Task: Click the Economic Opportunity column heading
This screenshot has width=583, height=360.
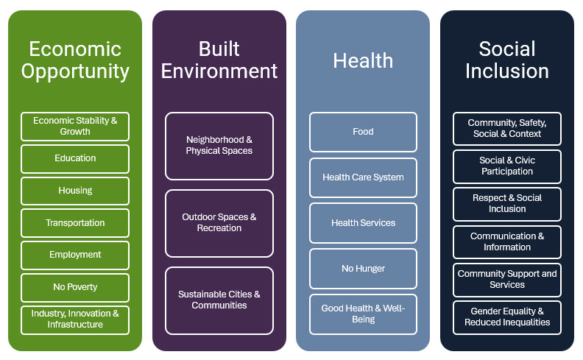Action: pyautogui.click(x=75, y=60)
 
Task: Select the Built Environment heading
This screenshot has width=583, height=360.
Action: pyautogui.click(x=219, y=60)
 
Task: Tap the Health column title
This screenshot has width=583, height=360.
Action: pyautogui.click(x=363, y=60)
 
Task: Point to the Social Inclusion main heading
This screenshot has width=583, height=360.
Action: pyautogui.click(x=507, y=60)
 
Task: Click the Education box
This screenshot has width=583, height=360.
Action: pyautogui.click(x=75, y=159)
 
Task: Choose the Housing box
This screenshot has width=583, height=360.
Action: pyautogui.click(x=75, y=191)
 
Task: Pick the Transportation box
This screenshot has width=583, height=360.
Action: pyautogui.click(x=75, y=223)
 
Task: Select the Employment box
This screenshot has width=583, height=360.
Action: pyautogui.click(x=75, y=255)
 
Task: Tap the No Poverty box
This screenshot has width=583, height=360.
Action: pyautogui.click(x=75, y=287)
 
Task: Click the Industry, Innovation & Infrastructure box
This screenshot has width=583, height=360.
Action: pyautogui.click(x=75, y=320)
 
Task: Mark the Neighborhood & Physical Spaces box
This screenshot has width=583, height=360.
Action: pyautogui.click(x=219, y=147)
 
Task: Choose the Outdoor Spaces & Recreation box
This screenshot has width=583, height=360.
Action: pyautogui.click(x=219, y=223)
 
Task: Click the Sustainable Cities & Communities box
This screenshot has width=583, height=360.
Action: pyautogui.click(x=219, y=300)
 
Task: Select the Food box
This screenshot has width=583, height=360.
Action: pyautogui.click(x=363, y=132)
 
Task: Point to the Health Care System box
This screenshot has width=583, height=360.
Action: pyautogui.click(x=363, y=177)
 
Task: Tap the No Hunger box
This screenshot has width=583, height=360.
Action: pyautogui.click(x=363, y=269)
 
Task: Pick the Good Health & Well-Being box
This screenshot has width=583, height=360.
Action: pyautogui.click(x=363, y=314)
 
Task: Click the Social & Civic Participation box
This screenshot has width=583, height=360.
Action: pyautogui.click(x=507, y=166)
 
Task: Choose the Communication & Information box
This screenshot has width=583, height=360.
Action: pyautogui.click(x=507, y=242)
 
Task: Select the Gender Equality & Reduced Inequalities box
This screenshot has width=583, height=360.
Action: pyautogui.click(x=507, y=317)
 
